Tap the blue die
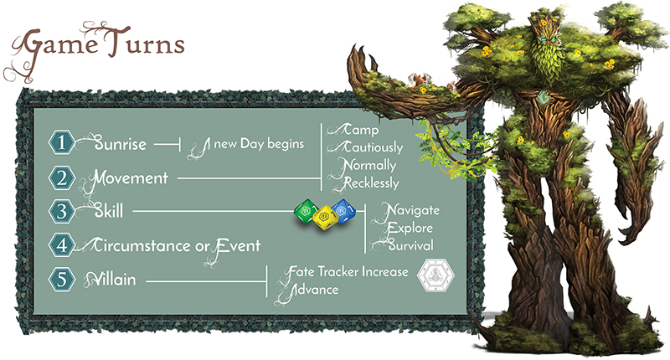[340, 210]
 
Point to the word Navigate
[409, 209]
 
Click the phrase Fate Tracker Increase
[348, 272]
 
